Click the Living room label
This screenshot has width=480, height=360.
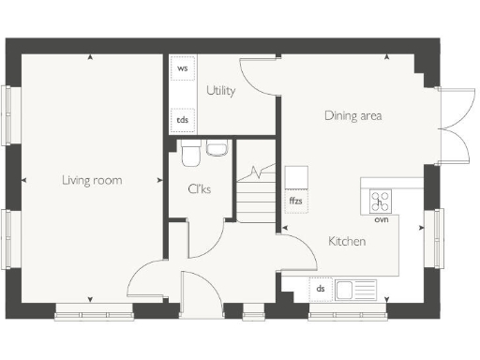(x=92, y=180)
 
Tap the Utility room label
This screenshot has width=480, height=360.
(x=220, y=91)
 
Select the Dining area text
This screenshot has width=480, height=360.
(x=352, y=116)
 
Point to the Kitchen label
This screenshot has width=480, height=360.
(x=346, y=242)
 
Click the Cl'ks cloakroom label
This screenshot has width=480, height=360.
(x=199, y=189)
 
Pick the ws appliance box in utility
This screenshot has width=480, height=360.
(x=182, y=69)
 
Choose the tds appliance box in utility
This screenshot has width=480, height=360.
(x=182, y=119)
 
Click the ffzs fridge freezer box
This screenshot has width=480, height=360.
(x=295, y=201)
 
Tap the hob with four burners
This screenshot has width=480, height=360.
(x=381, y=200)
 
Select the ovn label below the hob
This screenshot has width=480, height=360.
(x=381, y=220)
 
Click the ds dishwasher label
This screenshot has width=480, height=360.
(x=320, y=289)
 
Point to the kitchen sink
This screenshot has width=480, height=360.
(x=356, y=289)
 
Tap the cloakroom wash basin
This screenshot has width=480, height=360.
(x=217, y=147)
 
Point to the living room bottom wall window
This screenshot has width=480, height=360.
(x=94, y=309)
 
